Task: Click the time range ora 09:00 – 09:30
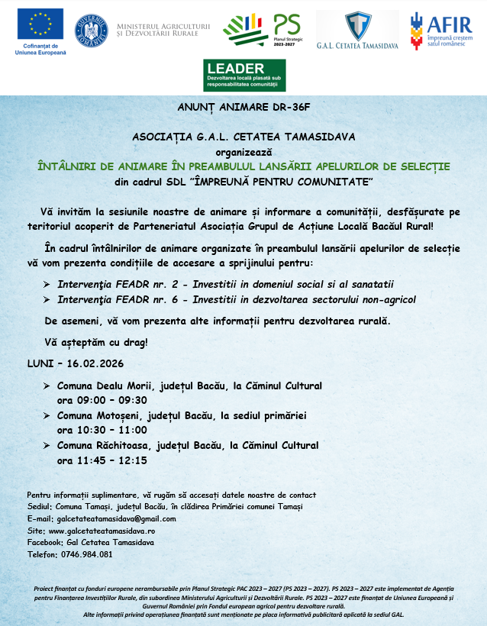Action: (x=102, y=399)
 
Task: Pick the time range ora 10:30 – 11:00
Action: (x=102, y=430)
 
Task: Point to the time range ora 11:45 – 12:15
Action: (x=102, y=460)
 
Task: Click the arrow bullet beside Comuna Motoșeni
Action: (x=48, y=416)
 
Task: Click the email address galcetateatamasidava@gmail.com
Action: (x=112, y=518)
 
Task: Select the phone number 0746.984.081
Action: (x=85, y=554)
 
